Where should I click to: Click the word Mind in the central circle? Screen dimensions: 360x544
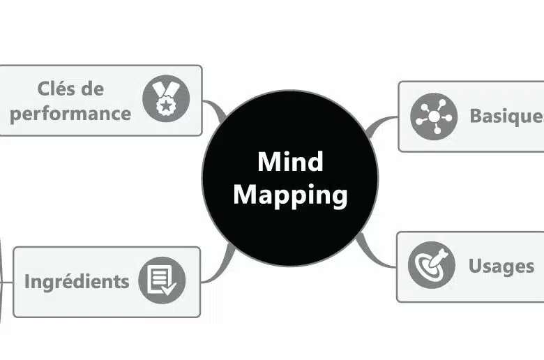click(290, 161)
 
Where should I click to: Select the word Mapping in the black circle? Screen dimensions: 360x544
click(290, 195)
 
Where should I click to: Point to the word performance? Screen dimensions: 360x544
click(70, 112)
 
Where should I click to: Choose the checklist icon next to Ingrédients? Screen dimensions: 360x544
click(162, 281)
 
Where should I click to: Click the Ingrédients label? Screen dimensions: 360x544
click(77, 281)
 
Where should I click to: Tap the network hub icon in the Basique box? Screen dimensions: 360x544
click(433, 117)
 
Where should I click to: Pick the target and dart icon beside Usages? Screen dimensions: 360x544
click(431, 266)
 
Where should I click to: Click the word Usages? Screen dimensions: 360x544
click(501, 266)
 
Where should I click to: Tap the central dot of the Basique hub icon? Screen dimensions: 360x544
click(433, 117)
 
